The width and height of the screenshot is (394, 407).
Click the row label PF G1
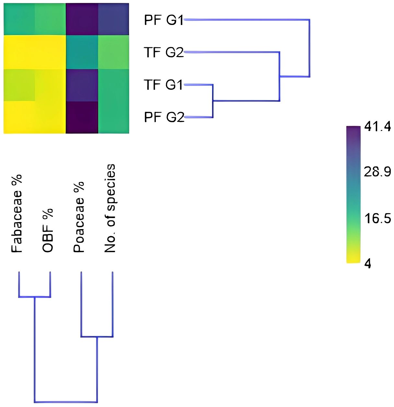pyautogui.click(x=164, y=20)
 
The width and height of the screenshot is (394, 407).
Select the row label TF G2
pyautogui.click(x=164, y=52)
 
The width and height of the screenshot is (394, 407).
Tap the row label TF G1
pyautogui.click(x=164, y=85)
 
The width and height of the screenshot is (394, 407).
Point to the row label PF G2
pyautogui.click(x=164, y=117)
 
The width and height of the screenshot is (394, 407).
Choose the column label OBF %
pyautogui.click(x=48, y=230)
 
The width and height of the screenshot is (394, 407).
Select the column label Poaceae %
pyautogui.click(x=79, y=217)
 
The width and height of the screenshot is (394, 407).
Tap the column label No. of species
pyautogui.click(x=110, y=208)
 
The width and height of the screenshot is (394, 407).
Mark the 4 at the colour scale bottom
pyautogui.click(x=367, y=264)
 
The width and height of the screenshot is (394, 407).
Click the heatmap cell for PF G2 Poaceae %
pyautogui.click(x=82, y=117)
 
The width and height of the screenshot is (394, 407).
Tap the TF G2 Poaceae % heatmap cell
pyautogui.click(x=82, y=52)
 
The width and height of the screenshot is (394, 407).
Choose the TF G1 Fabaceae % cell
pyautogui.click(x=19, y=85)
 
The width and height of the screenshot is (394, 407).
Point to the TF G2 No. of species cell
pyautogui.click(x=113, y=52)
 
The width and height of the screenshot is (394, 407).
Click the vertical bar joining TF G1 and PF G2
pyautogui.click(x=213, y=101)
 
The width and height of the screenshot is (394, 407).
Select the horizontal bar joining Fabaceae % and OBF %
pyautogui.click(x=34, y=297)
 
